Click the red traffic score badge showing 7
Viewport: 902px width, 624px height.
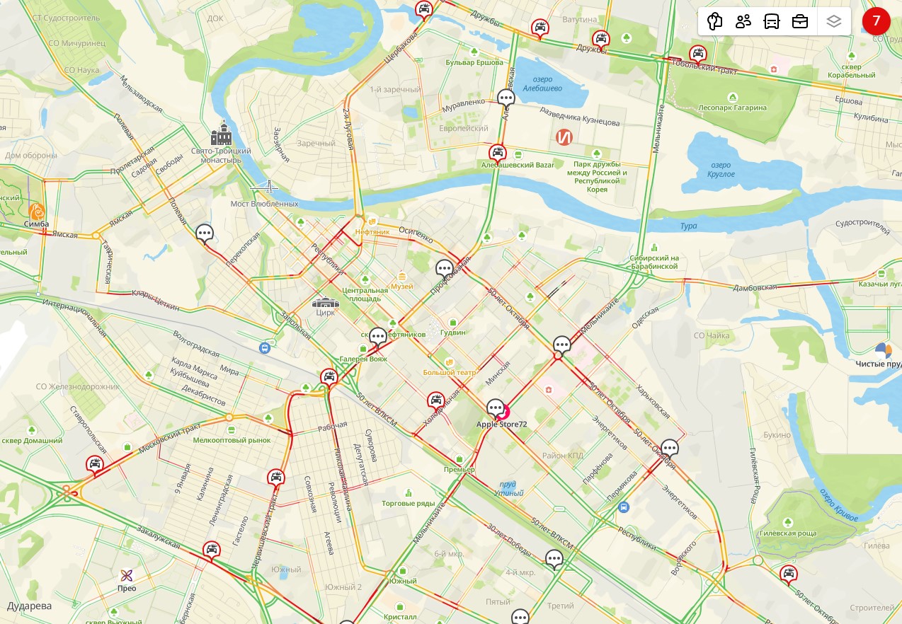pyautogui.click(x=877, y=21)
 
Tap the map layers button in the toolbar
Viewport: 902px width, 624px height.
pyautogui.click(x=833, y=21)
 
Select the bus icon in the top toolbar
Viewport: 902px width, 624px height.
pyautogui.click(x=771, y=21)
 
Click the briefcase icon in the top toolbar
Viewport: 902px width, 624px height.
pyautogui.click(x=799, y=21)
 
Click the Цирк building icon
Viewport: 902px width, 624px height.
pyautogui.click(x=326, y=303)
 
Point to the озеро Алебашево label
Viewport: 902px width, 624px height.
pyautogui.click(x=542, y=84)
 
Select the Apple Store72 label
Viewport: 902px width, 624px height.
pyautogui.click(x=501, y=424)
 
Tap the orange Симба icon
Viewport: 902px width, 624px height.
pyautogui.click(x=36, y=211)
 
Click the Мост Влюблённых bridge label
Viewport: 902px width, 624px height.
pyautogui.click(x=265, y=204)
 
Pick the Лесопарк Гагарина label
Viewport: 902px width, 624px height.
pyautogui.click(x=732, y=108)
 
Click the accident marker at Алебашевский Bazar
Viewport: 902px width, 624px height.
pyautogui.click(x=498, y=152)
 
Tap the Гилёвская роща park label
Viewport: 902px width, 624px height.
pyautogui.click(x=787, y=533)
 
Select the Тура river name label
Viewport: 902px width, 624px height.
pyautogui.click(x=688, y=226)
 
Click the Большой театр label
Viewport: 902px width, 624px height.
pyautogui.click(x=450, y=372)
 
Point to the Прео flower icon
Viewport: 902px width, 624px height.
pyautogui.click(x=127, y=575)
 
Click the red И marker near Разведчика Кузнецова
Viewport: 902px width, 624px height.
pyautogui.click(x=564, y=137)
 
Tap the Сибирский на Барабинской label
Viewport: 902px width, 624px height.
pyautogui.click(x=654, y=262)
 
